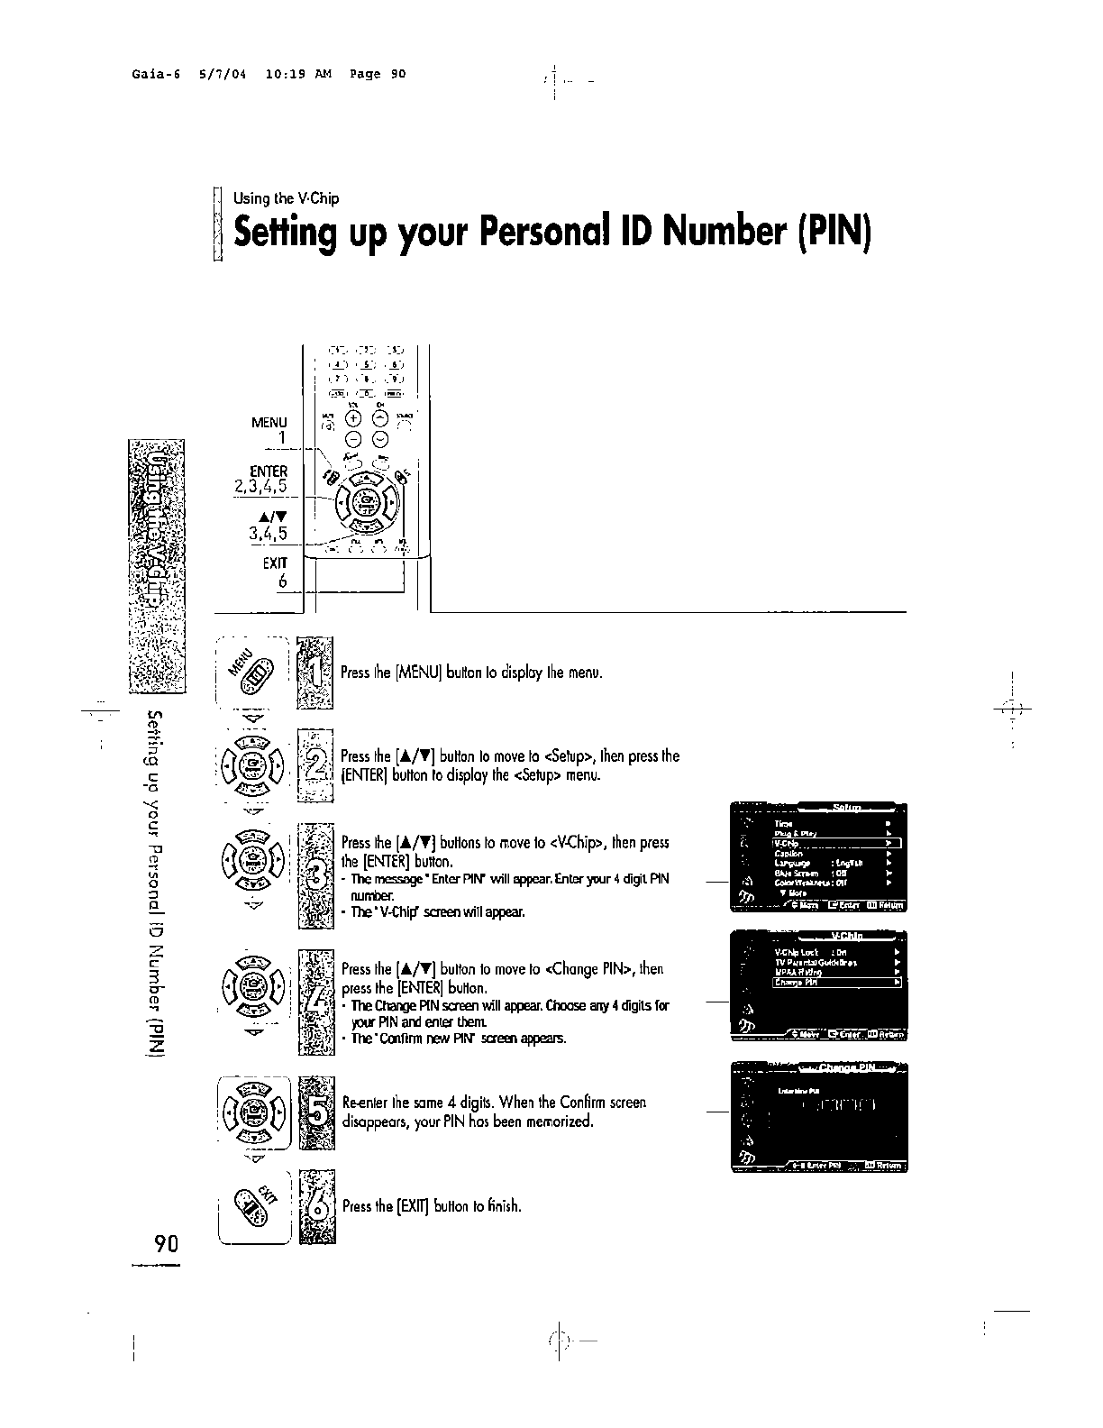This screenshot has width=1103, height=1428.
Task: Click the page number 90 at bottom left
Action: pyautogui.click(x=167, y=1244)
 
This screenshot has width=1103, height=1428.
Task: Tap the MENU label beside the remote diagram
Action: pyautogui.click(x=269, y=422)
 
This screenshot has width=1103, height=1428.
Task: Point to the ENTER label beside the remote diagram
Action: pyautogui.click(x=269, y=471)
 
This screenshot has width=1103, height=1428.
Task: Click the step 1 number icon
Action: pyautogui.click(x=314, y=672)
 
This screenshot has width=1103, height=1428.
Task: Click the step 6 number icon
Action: pyautogui.click(x=316, y=1206)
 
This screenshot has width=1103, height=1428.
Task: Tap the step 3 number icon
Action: pyautogui.click(x=315, y=875)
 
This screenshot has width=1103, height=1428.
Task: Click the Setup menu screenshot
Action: pyautogui.click(x=818, y=856)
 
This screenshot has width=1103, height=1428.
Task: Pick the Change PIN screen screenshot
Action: pyautogui.click(x=818, y=1115)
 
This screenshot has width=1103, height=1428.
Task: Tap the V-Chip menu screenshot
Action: pyautogui.click(x=818, y=986)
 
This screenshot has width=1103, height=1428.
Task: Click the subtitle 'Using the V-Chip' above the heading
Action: pyautogui.click(x=286, y=198)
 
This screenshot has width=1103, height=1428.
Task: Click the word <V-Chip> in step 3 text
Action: pyautogui.click(x=576, y=844)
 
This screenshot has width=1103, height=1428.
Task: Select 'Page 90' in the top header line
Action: pyautogui.click(x=379, y=74)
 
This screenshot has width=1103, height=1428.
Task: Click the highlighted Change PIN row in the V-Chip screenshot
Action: pyautogui.click(x=836, y=983)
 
